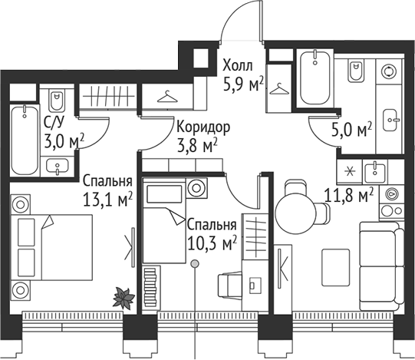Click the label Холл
click(236, 65)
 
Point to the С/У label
click(54, 122)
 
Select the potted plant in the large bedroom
click(123, 295)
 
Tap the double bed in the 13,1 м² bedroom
click(51, 246)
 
